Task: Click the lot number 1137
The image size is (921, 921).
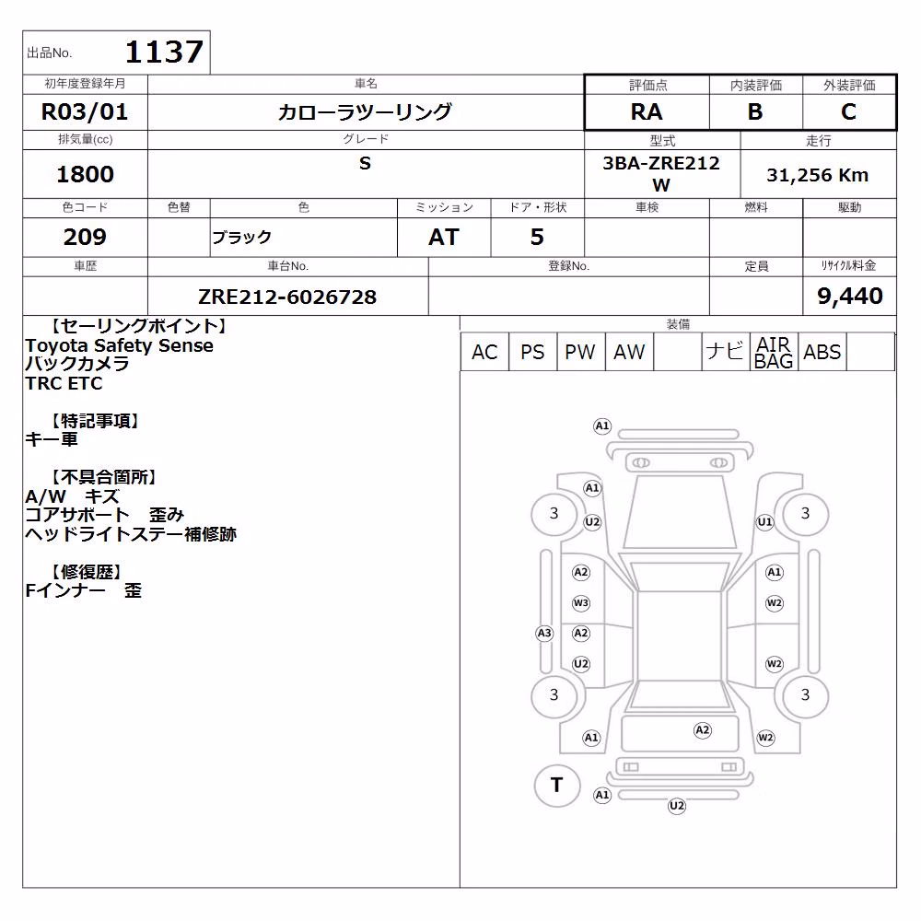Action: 165,52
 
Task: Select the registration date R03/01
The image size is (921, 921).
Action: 85,111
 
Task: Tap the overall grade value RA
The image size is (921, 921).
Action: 647,111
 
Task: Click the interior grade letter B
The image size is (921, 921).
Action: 755,111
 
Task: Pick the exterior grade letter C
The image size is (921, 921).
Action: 848,111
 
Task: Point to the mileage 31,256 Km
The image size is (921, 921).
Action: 818,175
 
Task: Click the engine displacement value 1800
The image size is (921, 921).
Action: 85,174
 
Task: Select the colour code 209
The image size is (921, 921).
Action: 85,237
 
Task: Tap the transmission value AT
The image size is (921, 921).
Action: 444,237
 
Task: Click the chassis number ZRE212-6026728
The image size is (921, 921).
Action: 287,297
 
